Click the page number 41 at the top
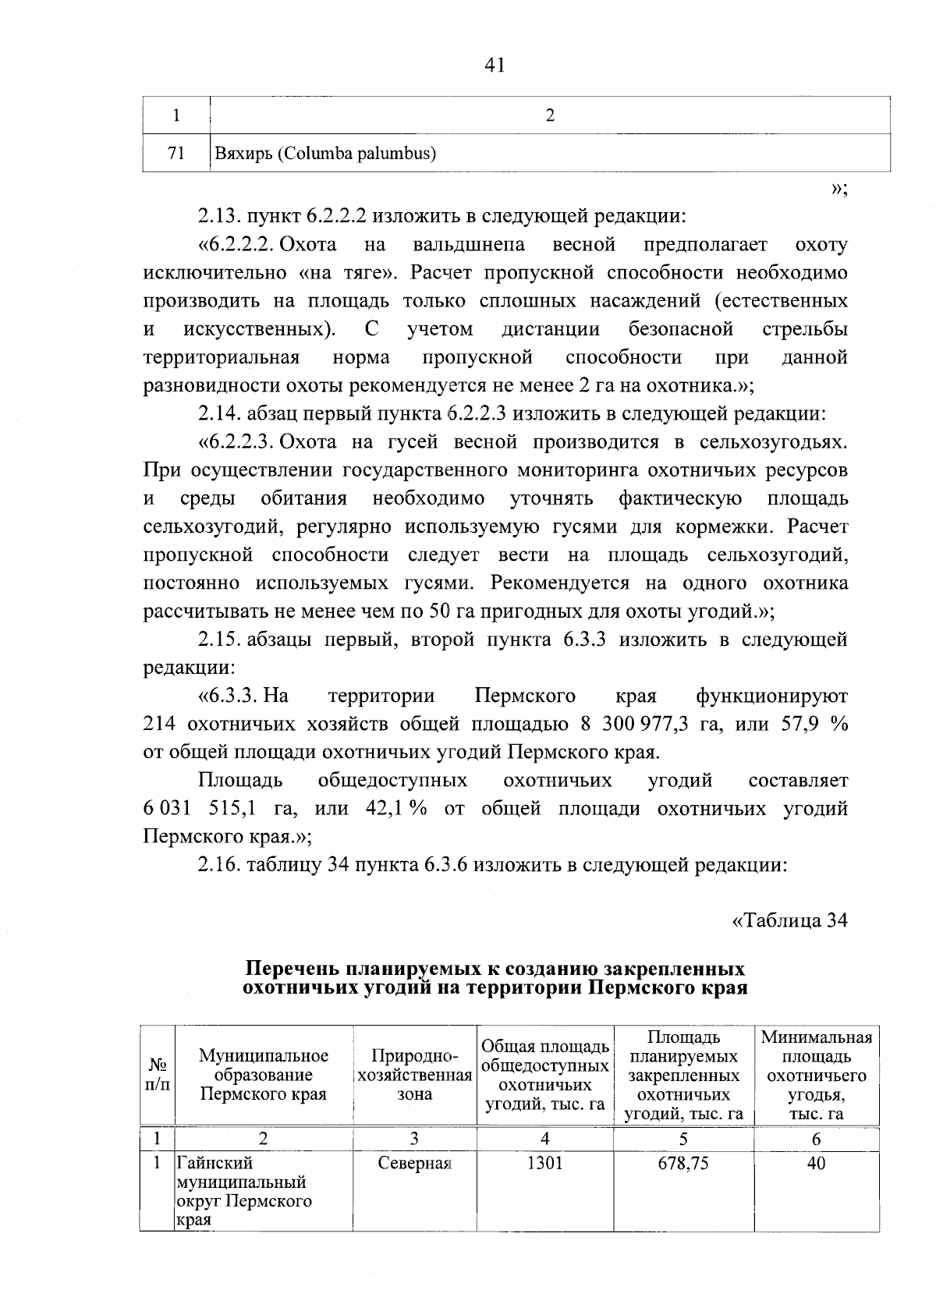tap(495, 66)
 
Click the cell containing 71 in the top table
tap(176, 154)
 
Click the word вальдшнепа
tap(468, 245)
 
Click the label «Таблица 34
tap(789, 921)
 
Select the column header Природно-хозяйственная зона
tap(414, 1076)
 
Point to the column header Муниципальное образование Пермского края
tap(264, 1076)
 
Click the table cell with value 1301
tap(544, 1164)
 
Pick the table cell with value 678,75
tap(683, 1164)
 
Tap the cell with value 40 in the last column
tap(816, 1164)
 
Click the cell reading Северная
tap(414, 1164)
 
